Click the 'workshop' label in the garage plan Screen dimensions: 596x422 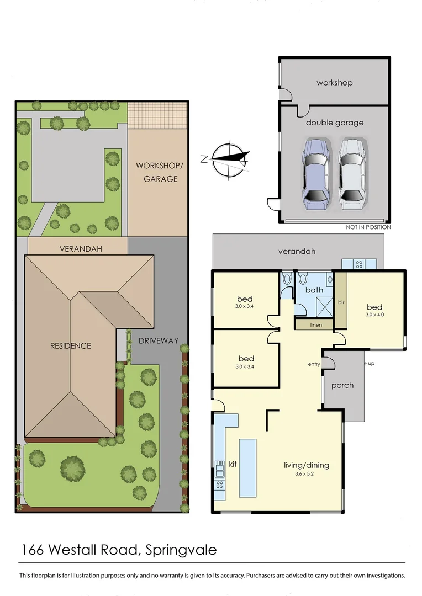tap(334, 83)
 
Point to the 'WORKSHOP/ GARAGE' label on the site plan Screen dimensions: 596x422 tap(157, 172)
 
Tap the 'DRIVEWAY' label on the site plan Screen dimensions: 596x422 tap(159, 340)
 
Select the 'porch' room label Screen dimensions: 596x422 tap(342, 385)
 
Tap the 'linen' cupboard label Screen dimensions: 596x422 tap(315, 325)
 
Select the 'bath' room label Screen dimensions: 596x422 tap(314, 290)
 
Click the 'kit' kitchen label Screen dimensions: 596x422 tap(233, 464)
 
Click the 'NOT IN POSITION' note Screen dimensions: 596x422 tap(368, 227)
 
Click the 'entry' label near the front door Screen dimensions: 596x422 tap(314, 364)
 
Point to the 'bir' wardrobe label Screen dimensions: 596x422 tap(341, 303)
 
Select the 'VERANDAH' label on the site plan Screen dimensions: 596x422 tap(81, 249)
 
